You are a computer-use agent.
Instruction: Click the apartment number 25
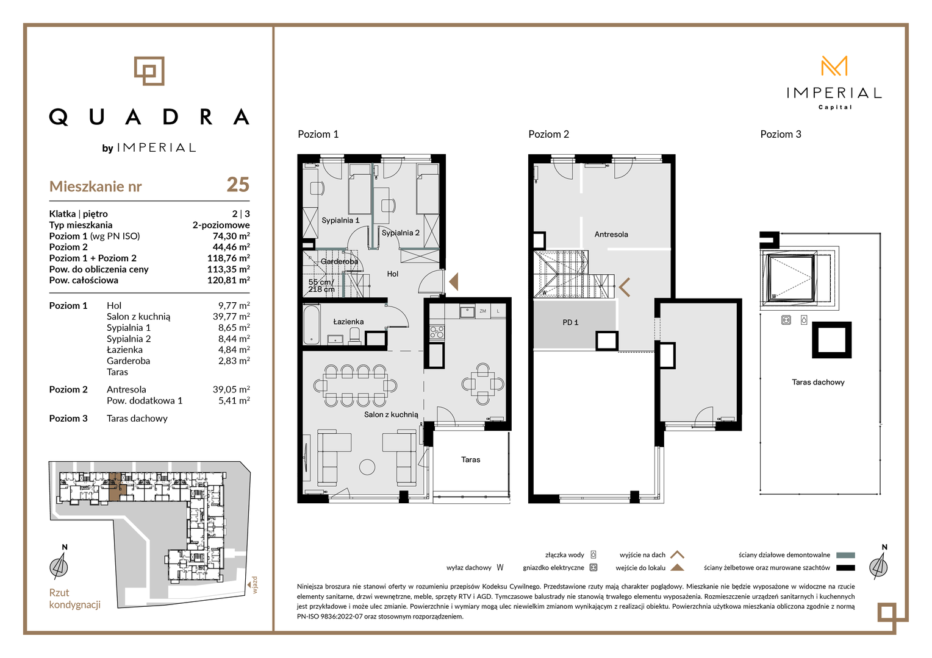238,185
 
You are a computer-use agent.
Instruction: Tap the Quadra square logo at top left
149,71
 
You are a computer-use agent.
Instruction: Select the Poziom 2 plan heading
548,134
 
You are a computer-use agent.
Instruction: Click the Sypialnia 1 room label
340,221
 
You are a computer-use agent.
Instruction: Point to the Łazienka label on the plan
348,322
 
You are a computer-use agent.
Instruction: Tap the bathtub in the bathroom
311,325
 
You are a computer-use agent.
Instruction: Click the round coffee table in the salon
367,467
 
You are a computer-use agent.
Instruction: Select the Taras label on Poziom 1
471,460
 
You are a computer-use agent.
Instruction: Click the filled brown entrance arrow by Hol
454,282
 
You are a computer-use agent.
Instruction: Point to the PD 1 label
570,322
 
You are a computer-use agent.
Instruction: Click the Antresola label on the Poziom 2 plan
611,235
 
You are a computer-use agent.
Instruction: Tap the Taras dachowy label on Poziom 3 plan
818,382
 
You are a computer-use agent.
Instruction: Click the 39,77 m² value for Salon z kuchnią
231,316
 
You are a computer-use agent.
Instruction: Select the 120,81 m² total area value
228,280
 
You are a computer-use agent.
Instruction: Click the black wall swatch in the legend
845,567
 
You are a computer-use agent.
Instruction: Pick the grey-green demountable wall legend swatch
845,555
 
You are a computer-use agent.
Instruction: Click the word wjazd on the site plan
254,585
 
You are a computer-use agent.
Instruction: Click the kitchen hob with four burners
437,332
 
